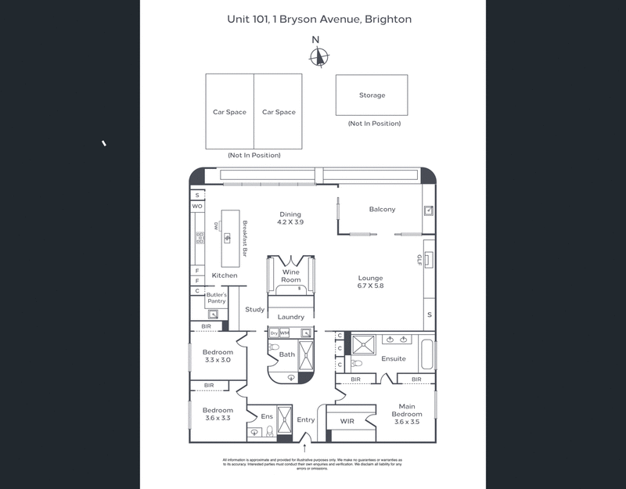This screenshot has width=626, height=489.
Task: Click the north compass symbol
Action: click(x=318, y=56)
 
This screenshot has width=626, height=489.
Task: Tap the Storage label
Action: click(x=372, y=95)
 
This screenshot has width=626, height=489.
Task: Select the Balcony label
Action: click(x=383, y=209)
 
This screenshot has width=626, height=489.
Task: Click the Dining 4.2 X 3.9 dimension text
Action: click(x=290, y=222)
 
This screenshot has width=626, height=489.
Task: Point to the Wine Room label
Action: click(x=291, y=276)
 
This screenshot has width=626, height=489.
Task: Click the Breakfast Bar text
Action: click(x=245, y=238)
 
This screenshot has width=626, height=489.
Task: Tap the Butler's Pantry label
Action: click(x=216, y=298)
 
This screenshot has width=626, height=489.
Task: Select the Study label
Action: click(x=254, y=310)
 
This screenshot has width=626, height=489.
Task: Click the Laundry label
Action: click(x=291, y=317)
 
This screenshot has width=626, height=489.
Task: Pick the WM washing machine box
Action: click(x=284, y=333)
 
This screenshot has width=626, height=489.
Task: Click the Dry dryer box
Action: click(x=274, y=333)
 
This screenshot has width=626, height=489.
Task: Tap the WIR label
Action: click(x=347, y=421)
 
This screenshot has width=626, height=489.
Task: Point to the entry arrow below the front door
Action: click(x=304, y=448)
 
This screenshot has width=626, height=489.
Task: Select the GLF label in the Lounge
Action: click(x=419, y=260)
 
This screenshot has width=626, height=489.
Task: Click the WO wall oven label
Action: click(x=197, y=207)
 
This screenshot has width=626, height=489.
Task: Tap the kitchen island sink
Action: click(x=228, y=238)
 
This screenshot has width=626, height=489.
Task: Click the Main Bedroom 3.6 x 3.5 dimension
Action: click(x=407, y=422)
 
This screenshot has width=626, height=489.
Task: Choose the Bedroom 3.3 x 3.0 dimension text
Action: click(x=218, y=360)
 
